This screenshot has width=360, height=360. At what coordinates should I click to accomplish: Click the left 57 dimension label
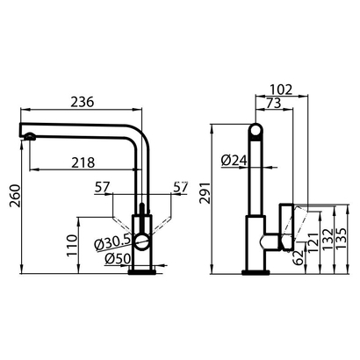point(101,187)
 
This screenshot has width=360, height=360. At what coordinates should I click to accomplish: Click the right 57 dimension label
point(182,187)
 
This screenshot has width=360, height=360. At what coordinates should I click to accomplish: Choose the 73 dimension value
point(272,104)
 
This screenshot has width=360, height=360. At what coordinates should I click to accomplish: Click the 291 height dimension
point(204,200)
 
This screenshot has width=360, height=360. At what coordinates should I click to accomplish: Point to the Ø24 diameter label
point(233,160)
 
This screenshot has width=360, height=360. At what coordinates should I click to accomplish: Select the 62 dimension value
point(299,257)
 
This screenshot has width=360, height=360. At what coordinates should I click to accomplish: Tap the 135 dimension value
point(342,236)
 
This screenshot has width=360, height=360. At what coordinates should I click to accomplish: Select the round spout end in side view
point(256,133)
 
